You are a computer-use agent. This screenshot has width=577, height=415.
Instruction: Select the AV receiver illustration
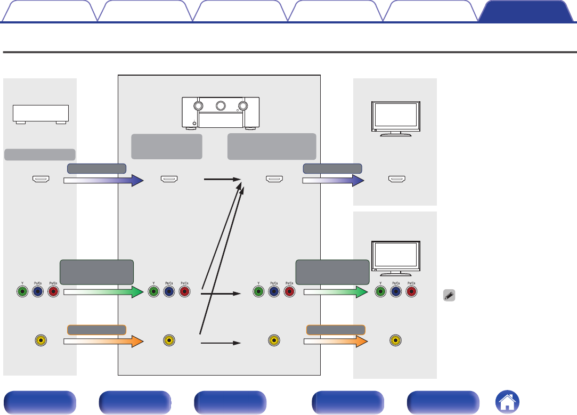[x=221, y=112]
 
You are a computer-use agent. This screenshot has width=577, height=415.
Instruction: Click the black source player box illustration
[x=41, y=114]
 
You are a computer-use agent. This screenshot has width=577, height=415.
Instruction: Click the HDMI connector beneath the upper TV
[x=396, y=180]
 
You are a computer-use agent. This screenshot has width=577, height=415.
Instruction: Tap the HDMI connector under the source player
[x=41, y=180]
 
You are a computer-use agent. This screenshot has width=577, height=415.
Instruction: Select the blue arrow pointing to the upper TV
[x=333, y=181]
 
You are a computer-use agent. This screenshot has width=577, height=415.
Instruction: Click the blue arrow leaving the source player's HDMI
[x=104, y=181]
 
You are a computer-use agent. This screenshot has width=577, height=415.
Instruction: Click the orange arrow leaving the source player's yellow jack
[x=104, y=340]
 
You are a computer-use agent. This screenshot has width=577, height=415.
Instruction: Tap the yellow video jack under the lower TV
[x=395, y=340]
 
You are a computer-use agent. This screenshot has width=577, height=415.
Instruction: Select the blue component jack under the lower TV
[x=395, y=291]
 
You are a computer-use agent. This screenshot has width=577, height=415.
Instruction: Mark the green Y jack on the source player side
[x=22, y=291]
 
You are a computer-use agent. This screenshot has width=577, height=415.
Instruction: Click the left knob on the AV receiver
[x=198, y=105]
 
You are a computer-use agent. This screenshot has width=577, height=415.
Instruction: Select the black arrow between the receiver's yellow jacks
[x=220, y=343]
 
